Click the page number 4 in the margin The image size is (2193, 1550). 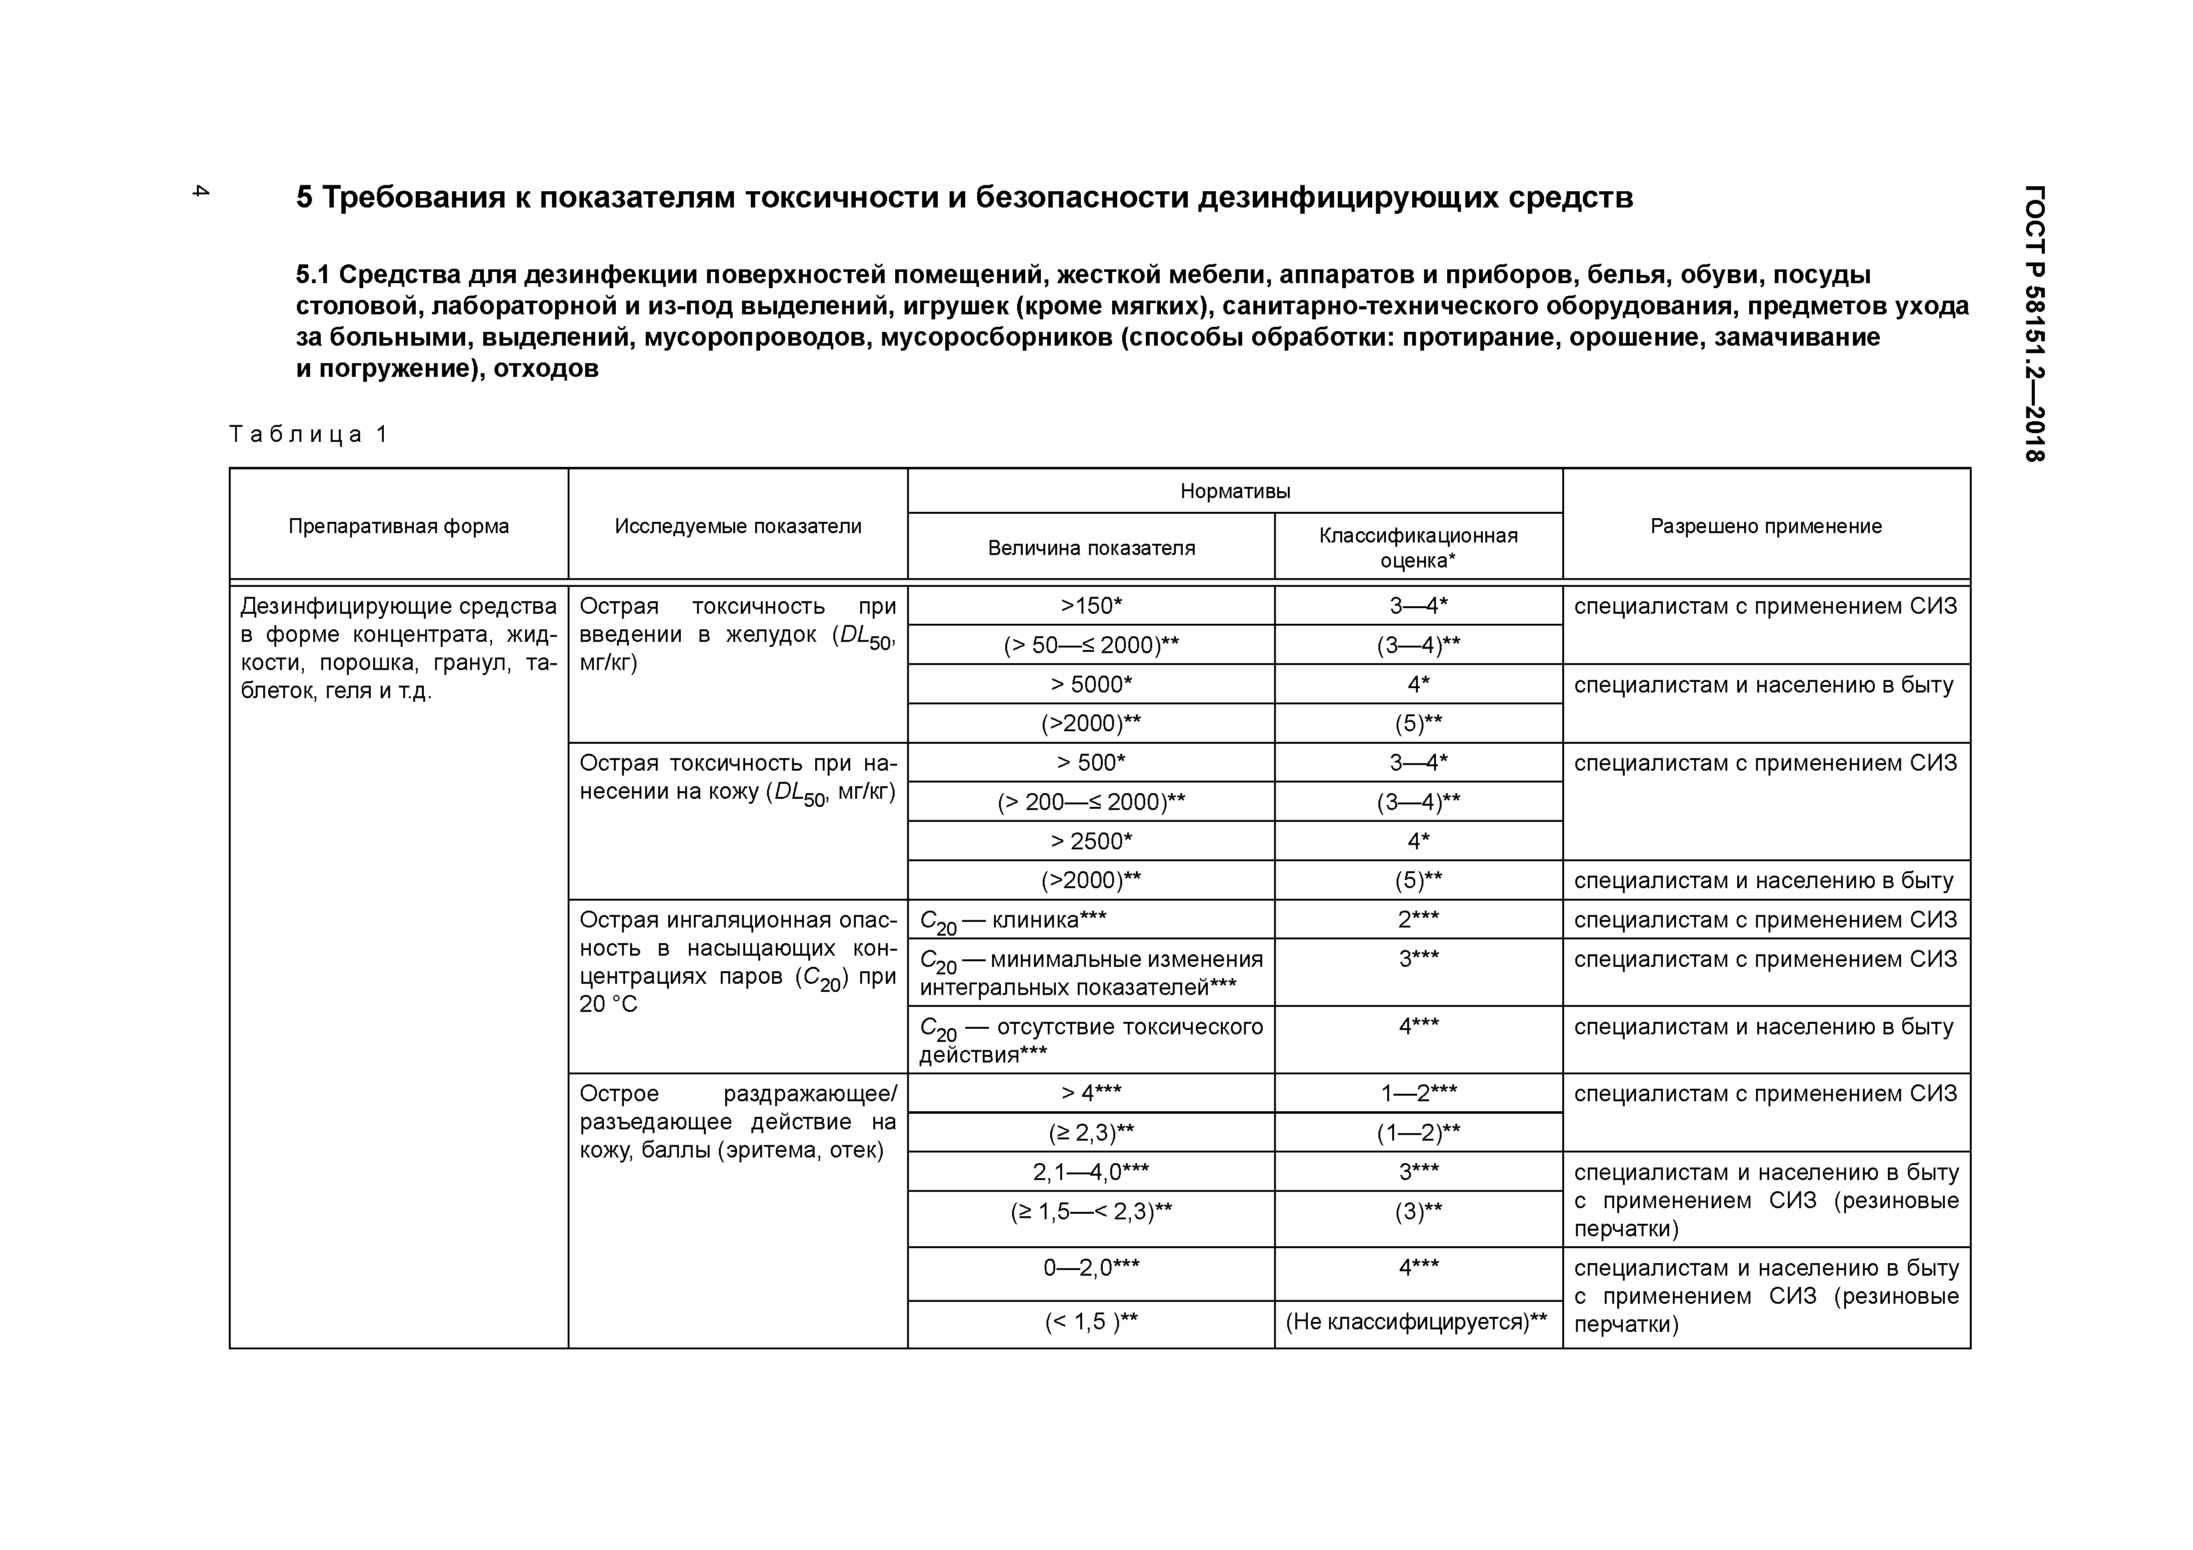click(x=199, y=190)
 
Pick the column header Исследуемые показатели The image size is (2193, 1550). click(x=738, y=526)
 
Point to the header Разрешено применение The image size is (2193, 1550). click(x=1765, y=526)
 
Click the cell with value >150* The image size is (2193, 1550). click(x=1091, y=606)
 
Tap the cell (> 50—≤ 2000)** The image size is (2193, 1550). click(x=1091, y=646)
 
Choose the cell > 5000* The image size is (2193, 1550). click(x=1091, y=685)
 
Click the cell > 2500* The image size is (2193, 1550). click(x=1091, y=841)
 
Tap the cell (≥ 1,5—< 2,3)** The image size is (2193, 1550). click(x=1091, y=1211)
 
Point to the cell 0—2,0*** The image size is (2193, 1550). click(x=1091, y=1267)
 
